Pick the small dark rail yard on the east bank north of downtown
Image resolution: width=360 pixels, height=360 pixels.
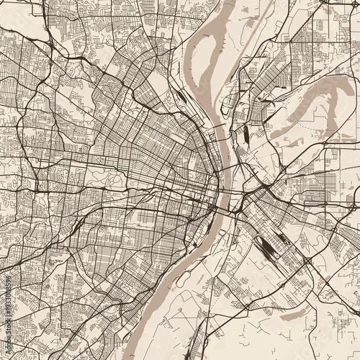tap(246, 135)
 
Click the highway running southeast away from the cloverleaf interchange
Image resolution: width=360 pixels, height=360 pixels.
tap(335, 288)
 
